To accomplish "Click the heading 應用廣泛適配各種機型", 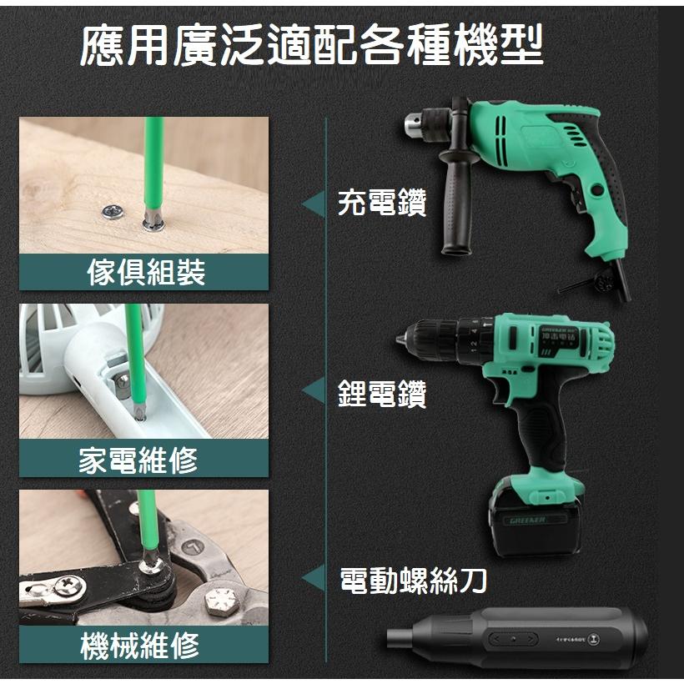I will [x=312, y=47].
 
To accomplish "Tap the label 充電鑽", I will [x=382, y=203].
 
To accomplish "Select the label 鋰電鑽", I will [x=382, y=393].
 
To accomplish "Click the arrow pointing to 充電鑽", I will [x=314, y=204].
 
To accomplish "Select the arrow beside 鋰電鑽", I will [x=314, y=391].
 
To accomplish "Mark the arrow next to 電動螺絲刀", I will [x=314, y=579].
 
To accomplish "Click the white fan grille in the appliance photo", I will [x=50, y=342].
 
